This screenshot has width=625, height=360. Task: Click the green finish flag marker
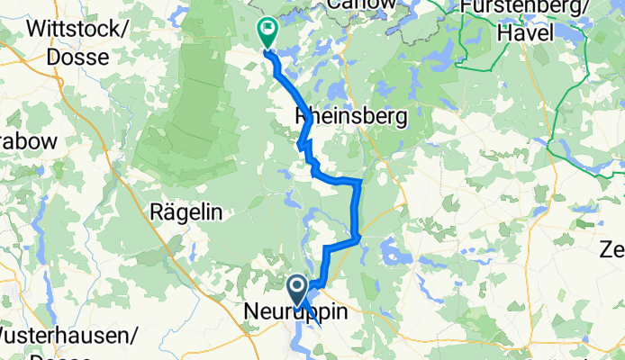pos(267,32)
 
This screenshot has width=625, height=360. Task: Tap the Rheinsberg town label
pos(350,116)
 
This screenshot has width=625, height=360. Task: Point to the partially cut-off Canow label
pos(361,4)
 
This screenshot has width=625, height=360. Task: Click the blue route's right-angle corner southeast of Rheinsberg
pos(360,182)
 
